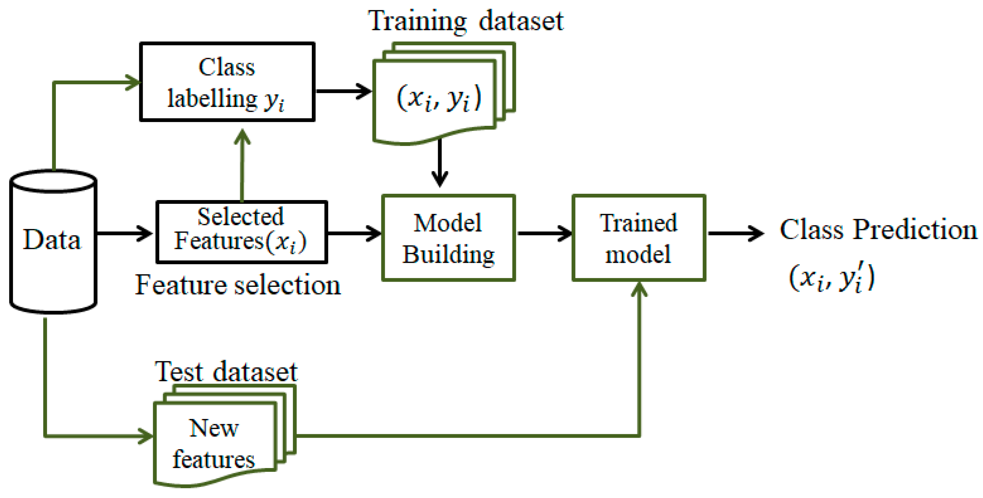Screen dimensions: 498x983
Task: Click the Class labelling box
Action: (227, 82)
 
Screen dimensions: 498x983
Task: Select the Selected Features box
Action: (241, 231)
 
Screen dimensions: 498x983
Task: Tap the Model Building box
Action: (448, 238)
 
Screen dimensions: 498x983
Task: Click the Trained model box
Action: (638, 238)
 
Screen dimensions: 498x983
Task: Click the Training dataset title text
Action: (465, 21)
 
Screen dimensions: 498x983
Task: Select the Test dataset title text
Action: (226, 372)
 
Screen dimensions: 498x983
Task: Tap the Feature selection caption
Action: (238, 285)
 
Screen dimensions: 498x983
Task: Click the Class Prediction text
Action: (878, 230)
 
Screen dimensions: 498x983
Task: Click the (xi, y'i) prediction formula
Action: (832, 278)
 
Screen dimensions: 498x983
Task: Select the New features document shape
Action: (215, 442)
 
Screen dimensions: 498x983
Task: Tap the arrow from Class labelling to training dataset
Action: (344, 91)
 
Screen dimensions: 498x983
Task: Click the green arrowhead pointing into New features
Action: (145, 436)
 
